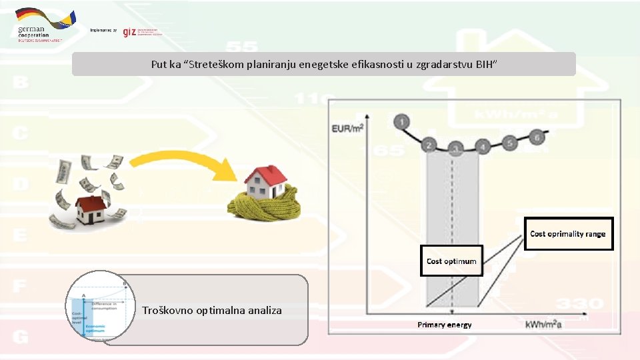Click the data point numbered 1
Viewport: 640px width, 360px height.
coord(401,121)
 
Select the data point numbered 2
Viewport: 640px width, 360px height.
coord(429,145)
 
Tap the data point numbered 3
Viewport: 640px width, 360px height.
coord(455,148)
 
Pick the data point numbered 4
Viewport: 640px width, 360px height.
coord(482,146)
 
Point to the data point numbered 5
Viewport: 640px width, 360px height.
coord(509,142)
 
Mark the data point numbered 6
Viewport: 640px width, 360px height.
coord(537,137)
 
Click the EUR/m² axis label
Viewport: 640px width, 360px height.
coord(347,127)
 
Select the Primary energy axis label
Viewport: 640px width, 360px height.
coord(445,325)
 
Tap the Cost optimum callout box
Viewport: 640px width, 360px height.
coord(451,261)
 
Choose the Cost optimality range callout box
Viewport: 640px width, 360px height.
coord(568,234)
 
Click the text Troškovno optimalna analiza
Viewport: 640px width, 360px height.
coord(211,310)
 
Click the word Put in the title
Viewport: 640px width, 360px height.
coord(159,65)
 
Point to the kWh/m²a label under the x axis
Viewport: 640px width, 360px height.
coord(543,324)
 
